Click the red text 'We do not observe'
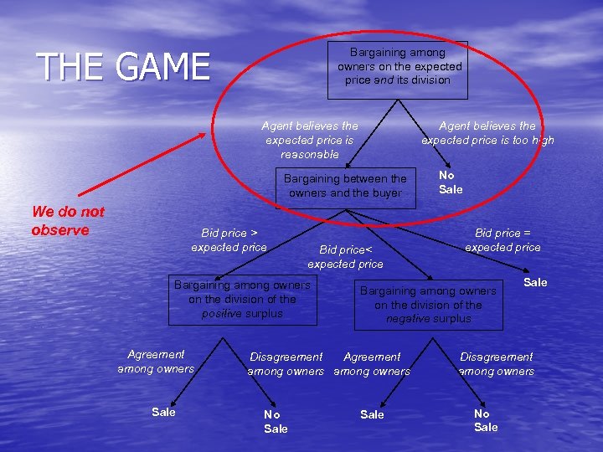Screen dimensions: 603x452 pos(67,221)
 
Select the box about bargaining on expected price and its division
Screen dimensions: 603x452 pos(399,67)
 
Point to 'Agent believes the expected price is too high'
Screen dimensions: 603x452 pos(487,133)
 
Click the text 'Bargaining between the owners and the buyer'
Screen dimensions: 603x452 pos(345,186)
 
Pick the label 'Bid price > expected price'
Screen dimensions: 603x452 pos(229,239)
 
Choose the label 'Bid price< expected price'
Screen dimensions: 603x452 pos(344,257)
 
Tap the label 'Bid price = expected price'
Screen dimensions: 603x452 pos(502,239)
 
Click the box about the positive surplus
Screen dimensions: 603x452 pos(242,300)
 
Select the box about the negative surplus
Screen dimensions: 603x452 pos(428,305)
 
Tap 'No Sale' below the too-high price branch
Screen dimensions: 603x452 pos(451,182)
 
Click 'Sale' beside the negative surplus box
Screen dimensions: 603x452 pos(535,283)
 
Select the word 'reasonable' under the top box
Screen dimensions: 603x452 pos(309,155)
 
